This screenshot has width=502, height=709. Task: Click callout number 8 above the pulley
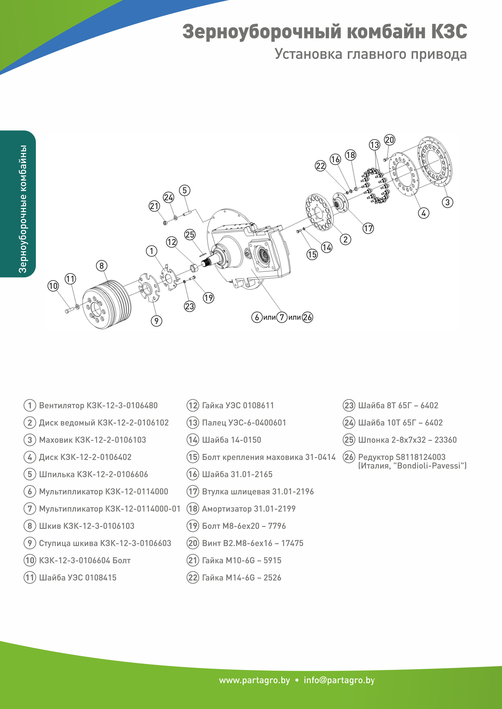[101, 266]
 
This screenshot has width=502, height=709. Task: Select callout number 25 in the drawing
[190, 235]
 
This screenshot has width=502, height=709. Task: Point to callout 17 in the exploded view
[368, 228]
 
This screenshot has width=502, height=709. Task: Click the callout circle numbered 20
[389, 140]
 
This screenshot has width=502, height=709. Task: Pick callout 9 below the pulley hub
[156, 321]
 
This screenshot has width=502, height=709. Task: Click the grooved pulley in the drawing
[107, 304]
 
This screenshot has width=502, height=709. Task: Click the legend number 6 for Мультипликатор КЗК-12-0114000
[30, 492]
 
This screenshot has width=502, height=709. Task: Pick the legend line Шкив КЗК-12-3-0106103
[87, 526]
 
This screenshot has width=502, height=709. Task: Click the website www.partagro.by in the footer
[254, 680]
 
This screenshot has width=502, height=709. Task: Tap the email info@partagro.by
[339, 680]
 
